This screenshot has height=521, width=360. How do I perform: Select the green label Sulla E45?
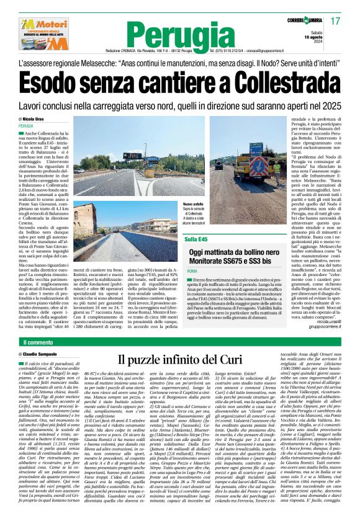(195, 238)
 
